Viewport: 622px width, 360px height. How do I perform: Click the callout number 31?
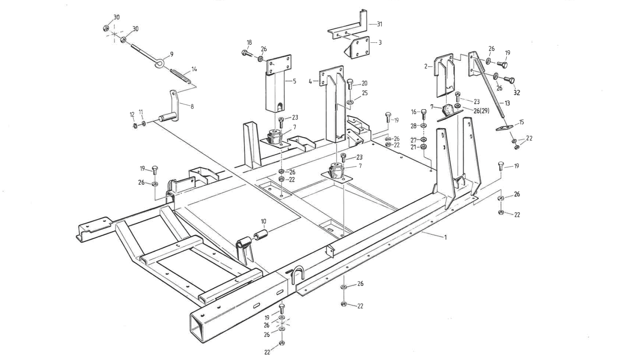379,24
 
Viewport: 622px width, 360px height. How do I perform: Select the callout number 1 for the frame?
445,238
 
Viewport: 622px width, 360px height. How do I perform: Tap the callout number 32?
516,93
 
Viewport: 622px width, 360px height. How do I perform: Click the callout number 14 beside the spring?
194,69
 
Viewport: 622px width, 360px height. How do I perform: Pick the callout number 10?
263,221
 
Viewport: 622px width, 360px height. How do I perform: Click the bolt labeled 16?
423,113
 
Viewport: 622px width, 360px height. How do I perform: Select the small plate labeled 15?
504,128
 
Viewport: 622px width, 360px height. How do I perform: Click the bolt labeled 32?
508,80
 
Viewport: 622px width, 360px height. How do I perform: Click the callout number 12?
132,114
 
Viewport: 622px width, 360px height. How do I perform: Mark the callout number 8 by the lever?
192,107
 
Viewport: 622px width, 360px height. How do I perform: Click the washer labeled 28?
423,126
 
